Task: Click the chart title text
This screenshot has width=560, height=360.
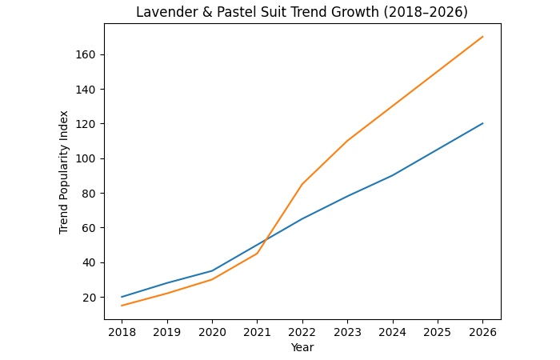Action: tap(302, 12)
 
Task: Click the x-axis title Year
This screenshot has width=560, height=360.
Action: tap(302, 347)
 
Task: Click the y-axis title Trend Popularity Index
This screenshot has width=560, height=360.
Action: tap(64, 172)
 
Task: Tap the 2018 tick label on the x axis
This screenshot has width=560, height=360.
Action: tap(122, 330)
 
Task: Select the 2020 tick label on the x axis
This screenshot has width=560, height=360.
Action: tap(212, 330)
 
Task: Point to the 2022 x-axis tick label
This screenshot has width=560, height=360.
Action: tap(302, 330)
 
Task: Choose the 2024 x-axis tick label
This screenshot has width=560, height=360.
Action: tap(393, 330)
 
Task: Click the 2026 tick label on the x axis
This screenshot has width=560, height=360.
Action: tap(483, 330)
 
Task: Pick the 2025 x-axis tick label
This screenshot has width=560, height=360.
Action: tap(438, 330)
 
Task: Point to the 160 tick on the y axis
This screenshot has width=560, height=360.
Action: tap(87, 54)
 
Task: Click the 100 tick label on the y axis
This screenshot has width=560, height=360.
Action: tap(87, 158)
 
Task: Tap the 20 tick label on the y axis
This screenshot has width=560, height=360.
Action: tap(90, 297)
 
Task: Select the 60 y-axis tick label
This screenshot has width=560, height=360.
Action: tap(90, 228)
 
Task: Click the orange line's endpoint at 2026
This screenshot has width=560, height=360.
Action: tap(483, 37)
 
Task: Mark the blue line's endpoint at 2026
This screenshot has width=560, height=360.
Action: tap(483, 123)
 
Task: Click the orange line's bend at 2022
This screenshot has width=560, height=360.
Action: tap(302, 184)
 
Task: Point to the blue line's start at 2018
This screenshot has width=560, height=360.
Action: tap(122, 297)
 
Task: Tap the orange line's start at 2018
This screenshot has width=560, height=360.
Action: tap(122, 306)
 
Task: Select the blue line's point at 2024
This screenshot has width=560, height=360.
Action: tap(393, 175)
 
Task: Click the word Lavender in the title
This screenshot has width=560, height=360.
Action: tap(162, 12)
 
